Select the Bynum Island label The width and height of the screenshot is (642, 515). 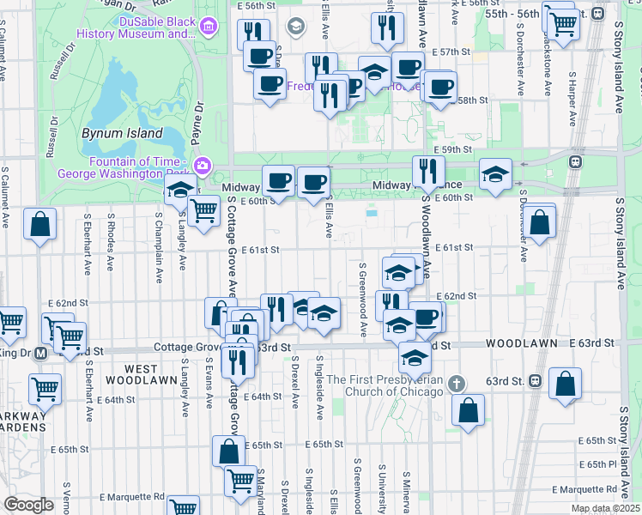(x=122, y=133)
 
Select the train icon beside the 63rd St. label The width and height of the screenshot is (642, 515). (x=535, y=379)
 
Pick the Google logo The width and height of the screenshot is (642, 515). (x=28, y=505)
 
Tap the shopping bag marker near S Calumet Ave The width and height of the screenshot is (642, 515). (x=40, y=224)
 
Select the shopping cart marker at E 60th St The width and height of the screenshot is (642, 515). (x=203, y=209)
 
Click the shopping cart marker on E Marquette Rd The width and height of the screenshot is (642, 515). (x=183, y=506)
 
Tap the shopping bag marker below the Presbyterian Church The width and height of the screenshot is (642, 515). (x=468, y=409)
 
